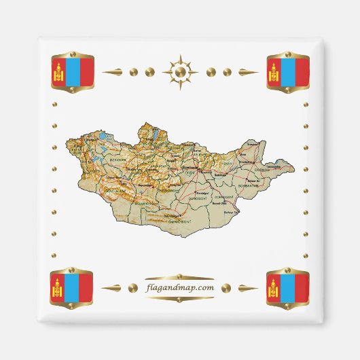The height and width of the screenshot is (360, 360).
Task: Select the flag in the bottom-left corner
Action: coord(72,287)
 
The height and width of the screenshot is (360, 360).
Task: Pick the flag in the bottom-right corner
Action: coord(288,287)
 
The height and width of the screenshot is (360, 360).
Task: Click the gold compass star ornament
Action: coord(180,71)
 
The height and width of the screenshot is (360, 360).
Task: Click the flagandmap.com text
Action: coord(180,287)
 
